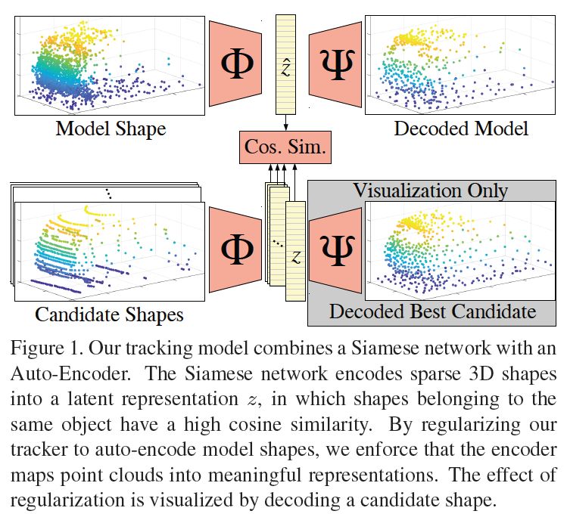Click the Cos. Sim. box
[285, 147]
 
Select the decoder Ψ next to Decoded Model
[333, 65]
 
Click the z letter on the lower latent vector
[295, 257]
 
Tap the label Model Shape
[111, 128]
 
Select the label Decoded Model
[461, 128]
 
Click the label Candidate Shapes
[110, 313]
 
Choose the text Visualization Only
[431, 189]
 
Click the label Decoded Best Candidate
[432, 311]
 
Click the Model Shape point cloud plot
[111, 64]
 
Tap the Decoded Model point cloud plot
[461, 64]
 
